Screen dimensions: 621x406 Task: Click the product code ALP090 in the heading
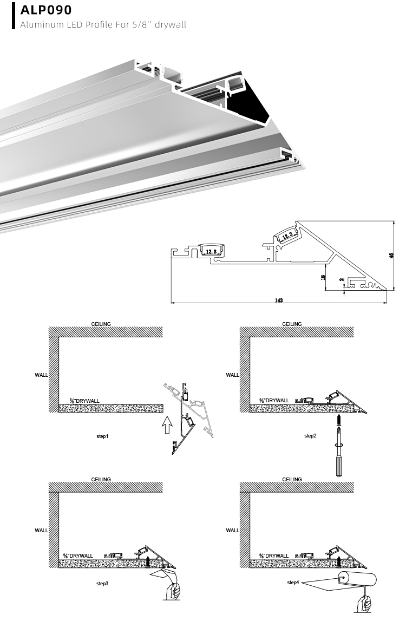[46, 10]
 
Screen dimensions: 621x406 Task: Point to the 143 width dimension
[279, 299]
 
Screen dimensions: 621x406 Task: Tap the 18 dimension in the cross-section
[323, 277]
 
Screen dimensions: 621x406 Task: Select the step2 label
[310, 435]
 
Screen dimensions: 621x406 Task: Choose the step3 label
[102, 584]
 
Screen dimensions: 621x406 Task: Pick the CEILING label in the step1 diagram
[101, 324]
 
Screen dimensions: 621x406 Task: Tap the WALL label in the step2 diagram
[232, 375]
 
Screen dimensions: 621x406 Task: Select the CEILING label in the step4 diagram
[292, 479]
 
